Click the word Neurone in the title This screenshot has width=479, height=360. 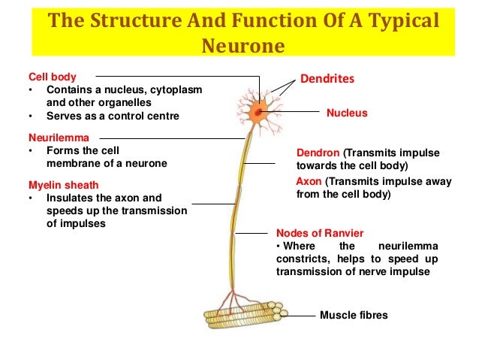pyautogui.click(x=244, y=47)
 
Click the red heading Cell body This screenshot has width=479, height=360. pyautogui.click(x=52, y=77)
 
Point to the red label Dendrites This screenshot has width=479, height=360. pyautogui.click(x=327, y=78)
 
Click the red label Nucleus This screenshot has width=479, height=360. pyautogui.click(x=347, y=113)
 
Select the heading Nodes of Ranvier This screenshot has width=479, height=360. pyautogui.click(x=320, y=233)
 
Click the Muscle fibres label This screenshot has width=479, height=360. pyautogui.click(x=354, y=316)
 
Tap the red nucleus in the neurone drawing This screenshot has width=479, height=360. pyautogui.click(x=259, y=113)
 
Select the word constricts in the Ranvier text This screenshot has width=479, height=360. pyautogui.click(x=302, y=260)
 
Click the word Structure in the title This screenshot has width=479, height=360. pyautogui.click(x=128, y=20)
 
